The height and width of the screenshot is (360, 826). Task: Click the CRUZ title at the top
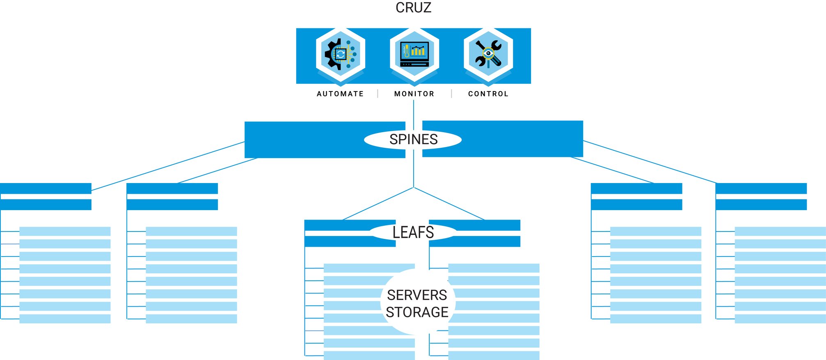(x=413, y=8)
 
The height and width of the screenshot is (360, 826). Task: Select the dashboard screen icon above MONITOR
(x=414, y=54)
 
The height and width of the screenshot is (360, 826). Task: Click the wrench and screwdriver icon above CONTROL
(x=488, y=54)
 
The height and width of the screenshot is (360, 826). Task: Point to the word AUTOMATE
(x=340, y=94)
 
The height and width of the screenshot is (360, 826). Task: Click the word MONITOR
(x=414, y=94)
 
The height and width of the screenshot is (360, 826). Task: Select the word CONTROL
(x=488, y=94)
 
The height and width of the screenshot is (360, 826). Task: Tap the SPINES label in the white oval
(x=413, y=140)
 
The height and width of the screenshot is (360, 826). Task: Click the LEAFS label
(x=413, y=232)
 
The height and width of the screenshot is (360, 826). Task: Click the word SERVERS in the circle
(x=417, y=295)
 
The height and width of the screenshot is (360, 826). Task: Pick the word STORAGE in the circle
(x=417, y=312)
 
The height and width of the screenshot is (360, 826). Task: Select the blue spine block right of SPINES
(x=521, y=139)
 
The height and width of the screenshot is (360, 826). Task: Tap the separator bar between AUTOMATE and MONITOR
(x=378, y=94)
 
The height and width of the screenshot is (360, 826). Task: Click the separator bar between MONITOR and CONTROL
(x=451, y=94)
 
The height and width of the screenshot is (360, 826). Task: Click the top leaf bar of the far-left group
(x=46, y=188)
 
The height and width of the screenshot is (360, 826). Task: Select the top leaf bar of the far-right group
(x=761, y=188)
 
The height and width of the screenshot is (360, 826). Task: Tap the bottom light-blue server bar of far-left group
(x=65, y=319)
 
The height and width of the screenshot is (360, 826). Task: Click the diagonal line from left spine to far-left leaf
(x=168, y=166)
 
